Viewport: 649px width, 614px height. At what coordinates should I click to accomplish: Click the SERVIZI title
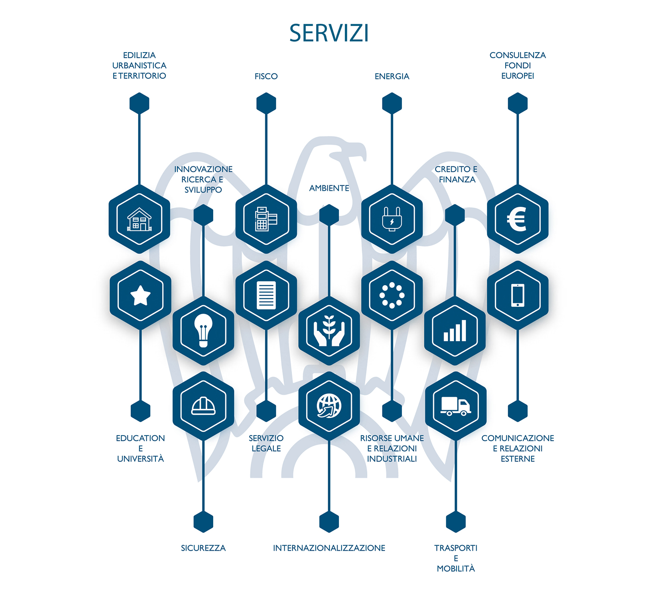pos(329,33)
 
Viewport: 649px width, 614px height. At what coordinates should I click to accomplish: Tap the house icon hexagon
pos(140,219)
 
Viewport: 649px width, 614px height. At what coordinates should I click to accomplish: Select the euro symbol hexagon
pos(518,219)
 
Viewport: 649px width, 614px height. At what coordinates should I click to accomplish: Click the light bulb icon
pos(203,330)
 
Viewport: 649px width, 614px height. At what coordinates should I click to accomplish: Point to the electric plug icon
pos(392,219)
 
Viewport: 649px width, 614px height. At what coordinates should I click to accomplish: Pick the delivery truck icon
pos(456,406)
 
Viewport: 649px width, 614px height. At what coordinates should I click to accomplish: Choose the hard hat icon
pos(203,406)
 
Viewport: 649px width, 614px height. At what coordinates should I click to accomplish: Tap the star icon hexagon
pos(140,296)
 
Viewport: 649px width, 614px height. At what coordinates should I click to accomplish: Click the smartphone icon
pos(518,296)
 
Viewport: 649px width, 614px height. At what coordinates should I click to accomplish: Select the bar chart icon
pos(455,330)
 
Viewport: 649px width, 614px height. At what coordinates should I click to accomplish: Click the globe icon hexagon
pos(329,406)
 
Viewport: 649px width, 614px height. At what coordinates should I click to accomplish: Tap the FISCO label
pos(266,76)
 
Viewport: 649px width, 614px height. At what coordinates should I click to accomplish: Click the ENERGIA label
pos(392,76)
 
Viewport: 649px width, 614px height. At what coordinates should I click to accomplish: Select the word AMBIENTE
pos(329,188)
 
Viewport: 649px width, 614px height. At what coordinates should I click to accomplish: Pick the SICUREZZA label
pos(203,548)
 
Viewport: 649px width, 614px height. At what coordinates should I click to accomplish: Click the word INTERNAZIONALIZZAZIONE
pos(329,548)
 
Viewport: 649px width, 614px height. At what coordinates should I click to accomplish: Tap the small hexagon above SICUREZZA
pos(203,522)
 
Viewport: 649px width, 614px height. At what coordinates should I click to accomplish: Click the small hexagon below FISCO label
pos(266,103)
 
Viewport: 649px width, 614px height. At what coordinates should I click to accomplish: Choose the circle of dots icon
pos(392,296)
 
